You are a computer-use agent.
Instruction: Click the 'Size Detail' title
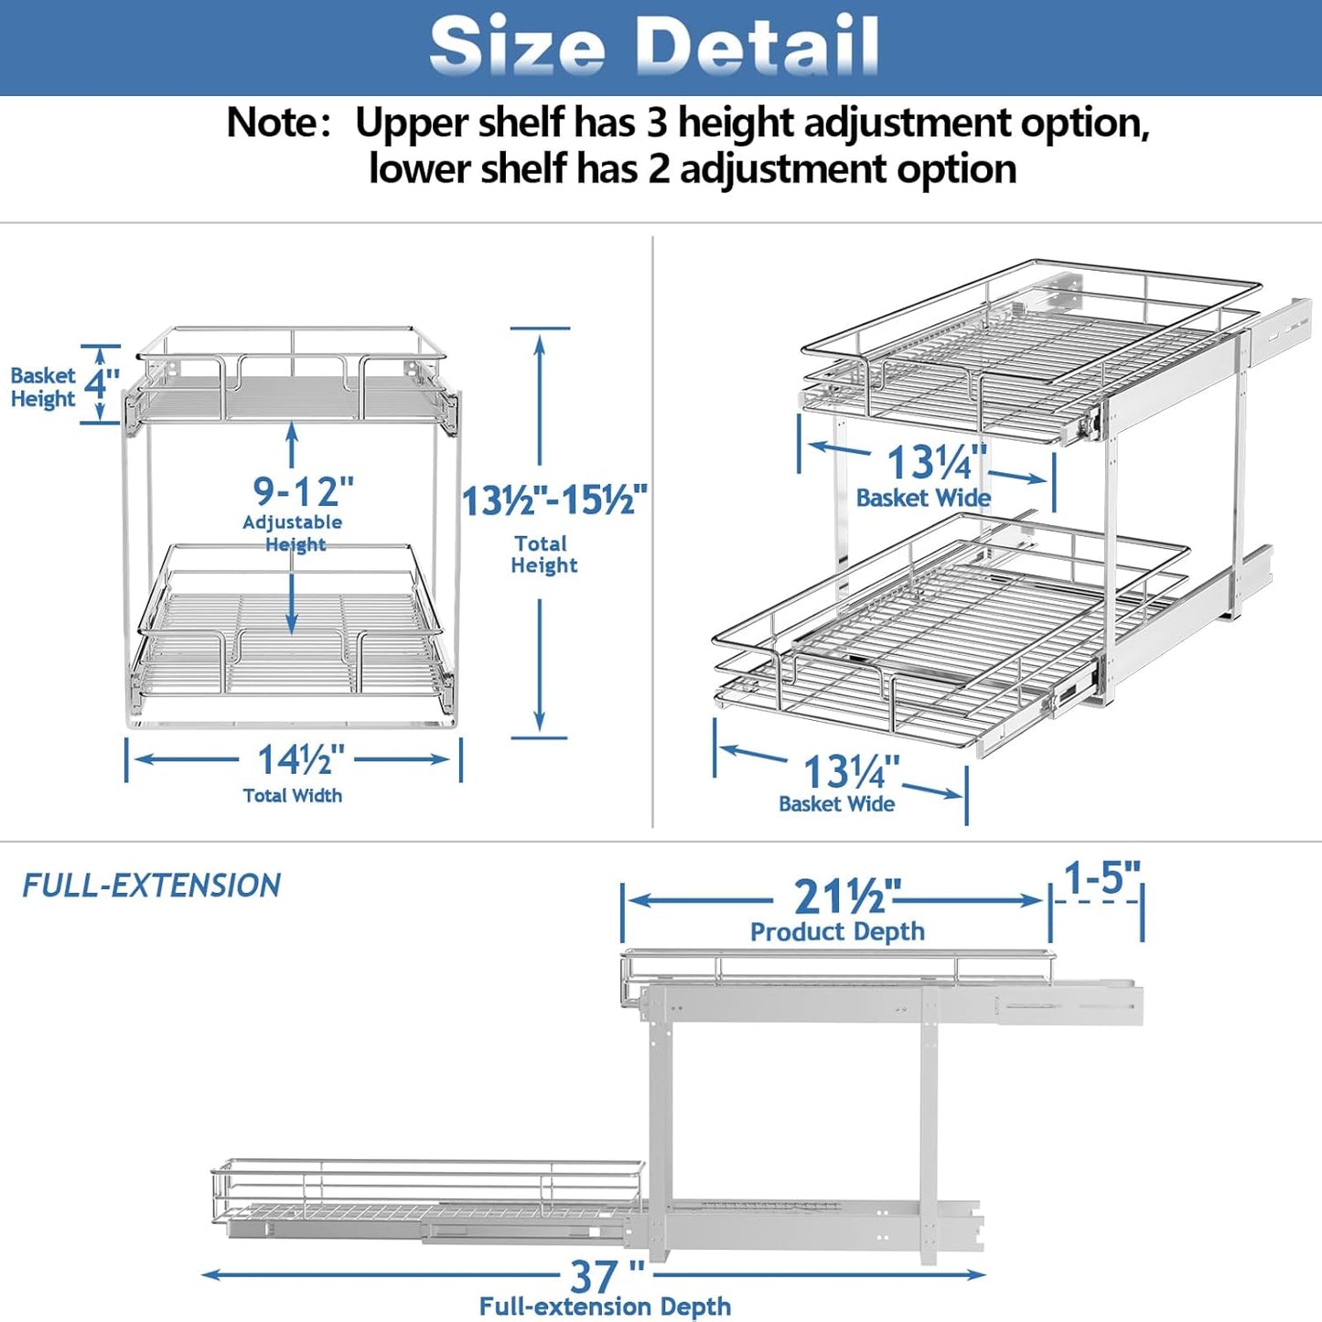[x=654, y=46]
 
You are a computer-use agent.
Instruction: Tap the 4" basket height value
[x=102, y=382]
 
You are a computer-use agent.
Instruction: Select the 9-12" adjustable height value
[x=303, y=491]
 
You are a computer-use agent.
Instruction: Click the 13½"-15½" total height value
[x=554, y=500]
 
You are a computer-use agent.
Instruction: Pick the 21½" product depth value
[x=846, y=897]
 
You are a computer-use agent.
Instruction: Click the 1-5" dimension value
[x=1102, y=878]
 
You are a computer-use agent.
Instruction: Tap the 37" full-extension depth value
[x=607, y=1275]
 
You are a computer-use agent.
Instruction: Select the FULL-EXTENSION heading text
[x=152, y=886]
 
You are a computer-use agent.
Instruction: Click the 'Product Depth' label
[x=837, y=931]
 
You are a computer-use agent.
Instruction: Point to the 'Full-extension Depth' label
[x=605, y=1306]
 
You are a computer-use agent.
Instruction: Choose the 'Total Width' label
[x=293, y=796]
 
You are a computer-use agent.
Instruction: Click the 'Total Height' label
[x=543, y=554]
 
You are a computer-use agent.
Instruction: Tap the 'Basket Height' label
[x=43, y=387]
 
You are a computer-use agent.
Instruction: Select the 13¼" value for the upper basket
[x=936, y=462]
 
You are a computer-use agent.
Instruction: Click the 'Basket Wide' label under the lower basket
[x=836, y=804]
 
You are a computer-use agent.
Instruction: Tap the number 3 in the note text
[x=657, y=123]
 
